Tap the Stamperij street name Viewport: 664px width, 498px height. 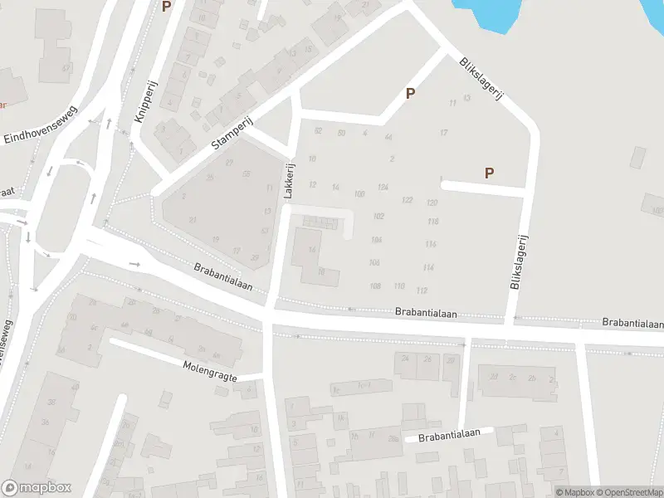[231, 133]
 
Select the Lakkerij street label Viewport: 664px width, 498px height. [289, 179]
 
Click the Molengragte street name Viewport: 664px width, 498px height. [210, 370]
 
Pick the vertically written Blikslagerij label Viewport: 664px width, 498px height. [520, 261]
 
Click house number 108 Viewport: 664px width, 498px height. [375, 286]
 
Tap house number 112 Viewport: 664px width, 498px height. [422, 290]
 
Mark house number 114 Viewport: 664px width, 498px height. [428, 267]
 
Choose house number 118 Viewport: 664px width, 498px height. [432, 222]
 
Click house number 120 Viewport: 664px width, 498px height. [432, 203]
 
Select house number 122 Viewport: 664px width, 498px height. [407, 200]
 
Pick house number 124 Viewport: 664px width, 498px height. [383, 188]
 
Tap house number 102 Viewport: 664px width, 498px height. [378, 216]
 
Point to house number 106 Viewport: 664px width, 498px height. [374, 262]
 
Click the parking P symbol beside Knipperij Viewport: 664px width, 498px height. [166, 7]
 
